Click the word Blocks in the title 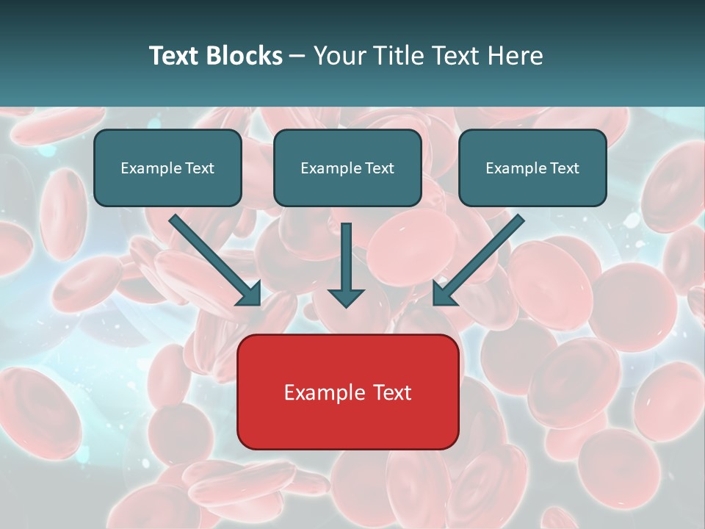tap(243, 56)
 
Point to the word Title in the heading tap(402, 56)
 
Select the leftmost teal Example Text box tap(167, 168)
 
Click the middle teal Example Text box tap(347, 168)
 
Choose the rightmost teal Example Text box tap(532, 168)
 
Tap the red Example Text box tap(347, 392)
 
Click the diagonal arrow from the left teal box tap(213, 259)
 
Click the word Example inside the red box tap(319, 392)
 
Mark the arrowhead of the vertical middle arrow tap(346, 297)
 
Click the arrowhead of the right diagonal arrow tap(444, 294)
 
